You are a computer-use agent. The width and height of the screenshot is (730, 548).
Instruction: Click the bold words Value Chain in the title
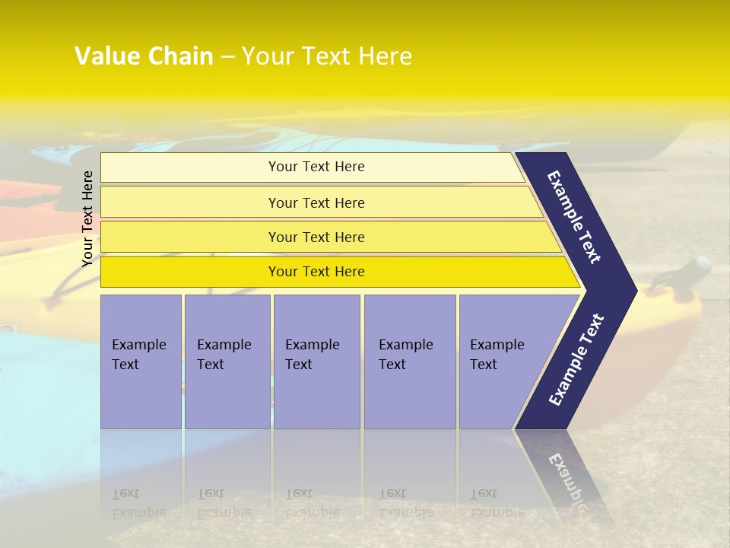tap(144, 56)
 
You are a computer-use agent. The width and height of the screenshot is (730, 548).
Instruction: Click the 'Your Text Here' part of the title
tap(327, 56)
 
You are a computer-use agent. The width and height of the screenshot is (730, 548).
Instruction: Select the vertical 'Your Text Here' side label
tap(87, 218)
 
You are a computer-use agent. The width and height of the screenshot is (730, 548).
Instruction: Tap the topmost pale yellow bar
tap(316, 167)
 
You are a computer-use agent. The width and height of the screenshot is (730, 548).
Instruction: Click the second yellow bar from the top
tap(316, 202)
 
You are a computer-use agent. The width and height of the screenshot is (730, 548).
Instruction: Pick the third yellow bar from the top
tap(316, 237)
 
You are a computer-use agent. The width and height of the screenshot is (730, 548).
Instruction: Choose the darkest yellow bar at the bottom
tap(316, 272)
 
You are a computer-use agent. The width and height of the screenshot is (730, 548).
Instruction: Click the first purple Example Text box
tap(141, 362)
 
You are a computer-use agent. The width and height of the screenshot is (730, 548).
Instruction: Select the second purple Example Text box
tap(227, 362)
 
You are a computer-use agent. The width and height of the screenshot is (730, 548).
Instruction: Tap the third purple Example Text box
tap(316, 362)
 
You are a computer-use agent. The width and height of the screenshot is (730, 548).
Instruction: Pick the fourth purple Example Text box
tap(409, 362)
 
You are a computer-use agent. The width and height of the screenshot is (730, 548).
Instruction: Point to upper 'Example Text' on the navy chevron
tap(574, 217)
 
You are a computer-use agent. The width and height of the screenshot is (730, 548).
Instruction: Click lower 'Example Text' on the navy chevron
tap(576, 359)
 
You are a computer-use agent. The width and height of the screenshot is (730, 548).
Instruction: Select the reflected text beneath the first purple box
tap(139, 503)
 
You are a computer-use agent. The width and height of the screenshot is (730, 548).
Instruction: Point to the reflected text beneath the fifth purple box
tap(497, 503)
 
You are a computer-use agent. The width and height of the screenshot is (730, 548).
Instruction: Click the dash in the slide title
tap(227, 57)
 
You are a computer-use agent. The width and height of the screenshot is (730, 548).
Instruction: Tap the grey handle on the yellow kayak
tap(696, 267)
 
